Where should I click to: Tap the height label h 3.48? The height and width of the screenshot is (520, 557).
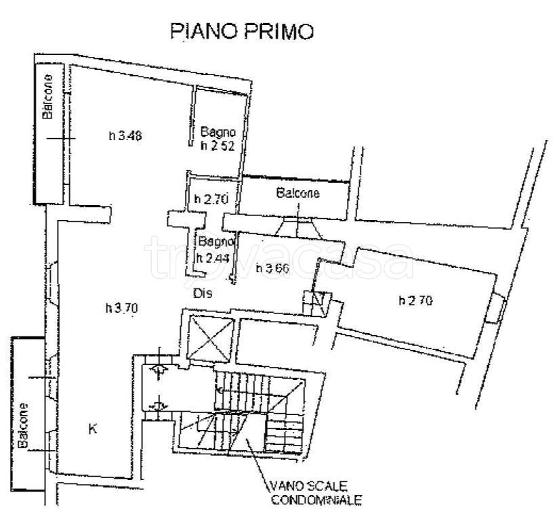125,135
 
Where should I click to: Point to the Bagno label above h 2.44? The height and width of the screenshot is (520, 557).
215,241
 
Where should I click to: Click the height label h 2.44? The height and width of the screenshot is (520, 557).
211,257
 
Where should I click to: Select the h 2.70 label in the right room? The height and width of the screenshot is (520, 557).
415,300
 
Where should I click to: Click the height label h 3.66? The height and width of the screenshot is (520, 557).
273,268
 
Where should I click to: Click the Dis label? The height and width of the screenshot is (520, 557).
203,293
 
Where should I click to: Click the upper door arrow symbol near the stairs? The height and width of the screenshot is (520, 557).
160,369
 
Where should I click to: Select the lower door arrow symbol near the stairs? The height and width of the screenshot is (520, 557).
160,405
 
